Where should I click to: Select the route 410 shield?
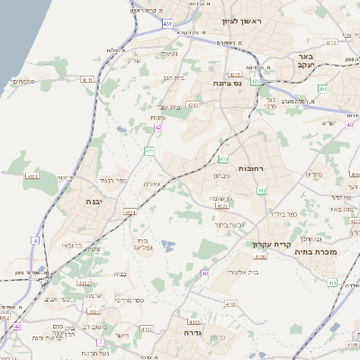point(222,159)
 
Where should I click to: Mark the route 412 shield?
point(262,190)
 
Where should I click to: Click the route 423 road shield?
point(256,82)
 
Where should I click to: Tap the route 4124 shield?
point(131,213)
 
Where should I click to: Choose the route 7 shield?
point(99,343)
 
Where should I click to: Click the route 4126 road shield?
point(261,257)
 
